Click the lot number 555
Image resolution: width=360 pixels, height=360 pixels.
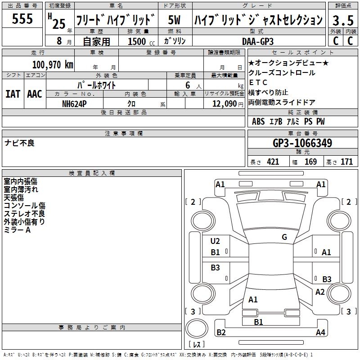22,18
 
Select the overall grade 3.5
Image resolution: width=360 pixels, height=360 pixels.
343,20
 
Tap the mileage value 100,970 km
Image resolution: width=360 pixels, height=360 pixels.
53,65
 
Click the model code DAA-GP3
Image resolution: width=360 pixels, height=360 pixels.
258,41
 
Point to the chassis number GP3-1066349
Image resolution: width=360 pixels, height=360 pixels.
302,143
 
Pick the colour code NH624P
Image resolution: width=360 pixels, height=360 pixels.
74,104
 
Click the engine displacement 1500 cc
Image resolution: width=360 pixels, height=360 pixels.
141,41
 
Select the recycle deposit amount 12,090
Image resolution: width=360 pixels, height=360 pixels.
224,104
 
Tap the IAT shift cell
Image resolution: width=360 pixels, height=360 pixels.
13,94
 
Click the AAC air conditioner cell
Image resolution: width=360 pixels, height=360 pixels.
35,94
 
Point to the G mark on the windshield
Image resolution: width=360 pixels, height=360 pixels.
284,237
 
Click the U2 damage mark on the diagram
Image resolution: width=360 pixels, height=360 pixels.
215,241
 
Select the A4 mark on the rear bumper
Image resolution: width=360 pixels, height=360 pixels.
320,332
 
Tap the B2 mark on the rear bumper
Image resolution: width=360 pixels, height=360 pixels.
221,332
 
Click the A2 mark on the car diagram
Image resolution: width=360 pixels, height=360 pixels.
320,292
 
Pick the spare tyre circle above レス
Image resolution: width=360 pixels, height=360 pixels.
197,328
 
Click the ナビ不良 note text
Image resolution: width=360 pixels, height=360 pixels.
19,143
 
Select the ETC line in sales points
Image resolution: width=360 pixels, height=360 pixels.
258,82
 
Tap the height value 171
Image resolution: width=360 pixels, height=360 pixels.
346,162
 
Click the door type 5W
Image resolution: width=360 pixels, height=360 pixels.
174,20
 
